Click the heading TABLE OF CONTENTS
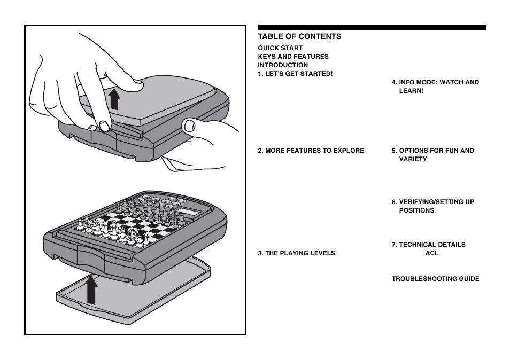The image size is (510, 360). point(299,36)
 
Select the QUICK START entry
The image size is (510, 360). point(280,48)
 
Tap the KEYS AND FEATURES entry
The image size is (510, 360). point(293,57)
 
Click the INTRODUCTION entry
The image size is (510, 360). point(283,65)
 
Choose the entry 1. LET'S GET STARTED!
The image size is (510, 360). point(295,74)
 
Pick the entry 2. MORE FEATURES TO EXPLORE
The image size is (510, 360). point(311,151)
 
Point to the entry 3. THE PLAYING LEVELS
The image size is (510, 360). point(296,253)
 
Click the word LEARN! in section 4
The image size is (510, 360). point(411,91)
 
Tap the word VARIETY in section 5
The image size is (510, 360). point(413,159)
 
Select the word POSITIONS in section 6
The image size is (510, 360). point(416,210)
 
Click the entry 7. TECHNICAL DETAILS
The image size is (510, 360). point(428,245)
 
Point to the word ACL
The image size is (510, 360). point(432,253)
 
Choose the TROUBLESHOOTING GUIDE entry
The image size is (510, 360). point(435,279)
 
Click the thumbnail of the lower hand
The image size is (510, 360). point(189,126)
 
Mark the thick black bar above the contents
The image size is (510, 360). point(372,27)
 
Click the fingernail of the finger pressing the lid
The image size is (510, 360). point(136,83)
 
